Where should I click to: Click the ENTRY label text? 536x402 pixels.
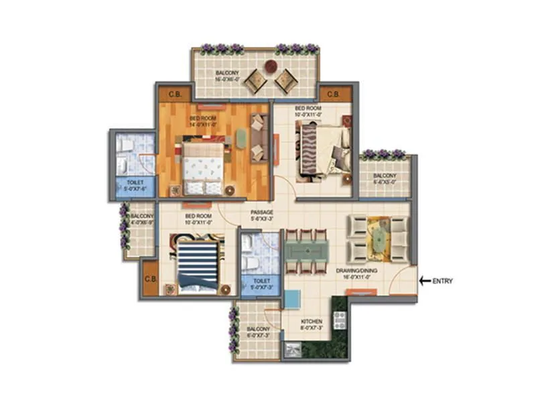443,281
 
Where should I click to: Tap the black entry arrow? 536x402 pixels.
424,281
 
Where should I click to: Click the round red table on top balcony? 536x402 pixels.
270,66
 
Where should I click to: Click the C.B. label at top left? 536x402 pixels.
175,94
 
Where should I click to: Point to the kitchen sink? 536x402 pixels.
292,349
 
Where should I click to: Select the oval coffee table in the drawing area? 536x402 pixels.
381,238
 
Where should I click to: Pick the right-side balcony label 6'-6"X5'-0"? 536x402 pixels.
385,178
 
